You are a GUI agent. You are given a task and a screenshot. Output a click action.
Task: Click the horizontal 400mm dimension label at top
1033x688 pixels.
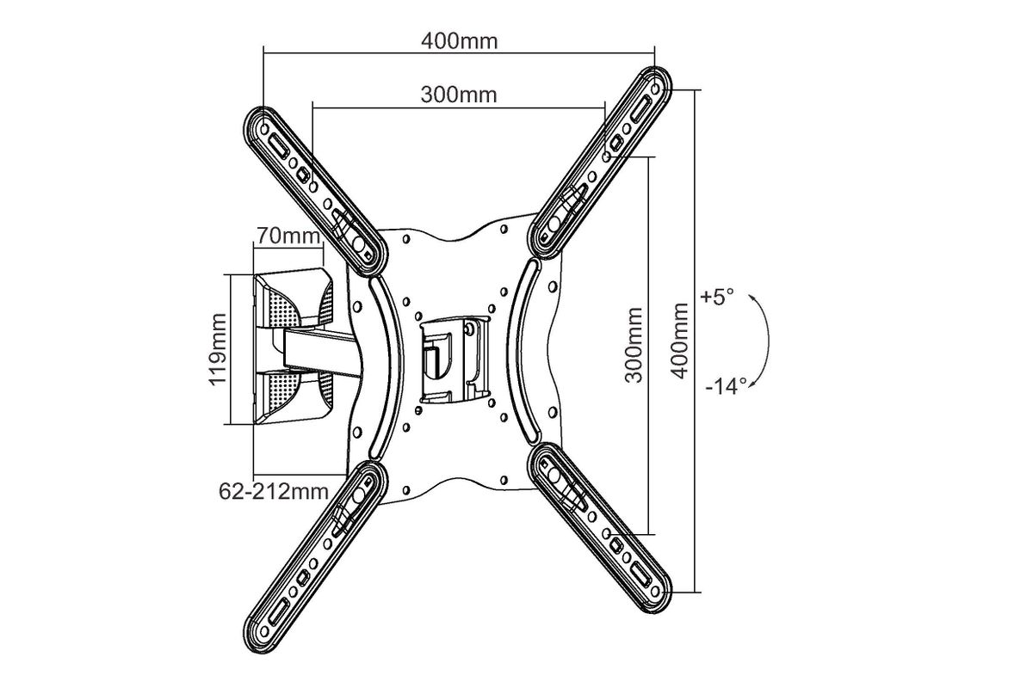(460, 41)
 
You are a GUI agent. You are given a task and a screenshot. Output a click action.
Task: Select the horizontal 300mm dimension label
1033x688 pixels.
(459, 95)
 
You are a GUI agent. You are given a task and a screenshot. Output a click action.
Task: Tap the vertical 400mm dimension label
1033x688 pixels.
(679, 341)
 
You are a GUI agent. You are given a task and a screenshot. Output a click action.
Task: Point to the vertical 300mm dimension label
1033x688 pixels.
(634, 345)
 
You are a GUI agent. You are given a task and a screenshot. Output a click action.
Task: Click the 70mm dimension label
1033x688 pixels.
(288, 236)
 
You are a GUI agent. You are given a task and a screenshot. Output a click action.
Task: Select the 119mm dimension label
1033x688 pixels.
(218, 349)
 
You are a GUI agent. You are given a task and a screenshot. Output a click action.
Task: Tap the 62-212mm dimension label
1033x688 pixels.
(274, 491)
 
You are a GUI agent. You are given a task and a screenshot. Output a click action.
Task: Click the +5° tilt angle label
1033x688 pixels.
(716, 297)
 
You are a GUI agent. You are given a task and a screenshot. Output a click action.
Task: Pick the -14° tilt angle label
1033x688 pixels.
(726, 386)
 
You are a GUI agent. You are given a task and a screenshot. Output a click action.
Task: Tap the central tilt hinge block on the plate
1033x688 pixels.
(455, 359)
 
